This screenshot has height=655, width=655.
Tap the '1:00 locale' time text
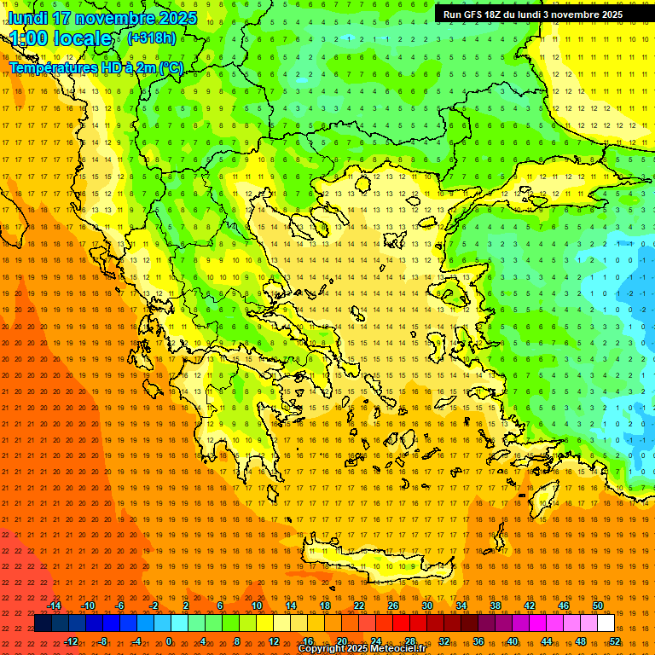(x=61, y=38)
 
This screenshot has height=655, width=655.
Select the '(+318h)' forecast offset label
(x=152, y=38)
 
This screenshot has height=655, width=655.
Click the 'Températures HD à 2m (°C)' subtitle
(x=96, y=67)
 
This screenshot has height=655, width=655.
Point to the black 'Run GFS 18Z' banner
(x=532, y=14)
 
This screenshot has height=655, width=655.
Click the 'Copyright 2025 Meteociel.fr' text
(x=362, y=649)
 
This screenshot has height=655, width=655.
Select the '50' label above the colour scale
(x=598, y=606)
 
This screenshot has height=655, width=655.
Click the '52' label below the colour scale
(x=615, y=641)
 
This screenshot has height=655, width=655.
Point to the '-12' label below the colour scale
(x=71, y=641)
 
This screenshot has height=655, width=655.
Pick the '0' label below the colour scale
(x=169, y=641)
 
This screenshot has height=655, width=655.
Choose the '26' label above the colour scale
(x=393, y=606)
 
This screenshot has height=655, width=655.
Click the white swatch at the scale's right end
(x=606, y=623)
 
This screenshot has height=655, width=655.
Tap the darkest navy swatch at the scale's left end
(x=43, y=623)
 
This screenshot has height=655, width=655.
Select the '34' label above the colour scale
(x=461, y=606)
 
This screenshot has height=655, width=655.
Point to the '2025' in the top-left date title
(x=177, y=18)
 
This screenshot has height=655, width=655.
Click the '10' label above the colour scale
(x=257, y=606)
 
